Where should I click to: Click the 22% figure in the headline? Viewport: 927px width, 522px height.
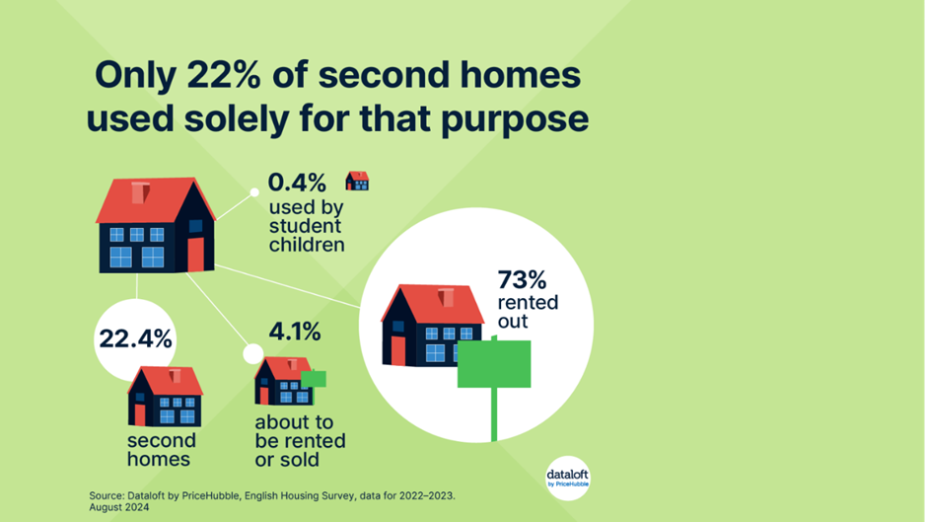click(224, 75)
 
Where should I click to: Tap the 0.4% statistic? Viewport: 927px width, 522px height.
click(297, 183)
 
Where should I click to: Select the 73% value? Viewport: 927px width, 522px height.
click(522, 279)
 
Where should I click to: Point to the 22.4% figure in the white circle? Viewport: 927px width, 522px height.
click(135, 339)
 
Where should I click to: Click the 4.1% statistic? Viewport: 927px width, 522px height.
click(295, 332)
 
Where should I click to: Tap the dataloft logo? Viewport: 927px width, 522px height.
click(568, 479)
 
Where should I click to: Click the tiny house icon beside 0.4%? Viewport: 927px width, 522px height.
click(357, 181)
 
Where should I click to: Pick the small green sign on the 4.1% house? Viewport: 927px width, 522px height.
click(314, 379)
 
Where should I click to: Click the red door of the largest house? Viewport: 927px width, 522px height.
click(195, 255)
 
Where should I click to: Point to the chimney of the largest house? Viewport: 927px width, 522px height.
click(140, 193)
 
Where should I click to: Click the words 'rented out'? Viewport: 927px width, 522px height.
click(528, 311)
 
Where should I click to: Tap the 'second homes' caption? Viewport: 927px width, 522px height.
click(162, 450)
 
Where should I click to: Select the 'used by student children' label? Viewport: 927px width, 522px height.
click(307, 226)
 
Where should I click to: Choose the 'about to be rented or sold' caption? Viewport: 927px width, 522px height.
click(301, 441)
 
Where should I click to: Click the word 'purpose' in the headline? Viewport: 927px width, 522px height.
click(515, 119)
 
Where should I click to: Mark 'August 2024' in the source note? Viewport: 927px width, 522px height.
click(119, 508)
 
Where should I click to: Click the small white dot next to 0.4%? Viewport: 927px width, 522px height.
click(254, 192)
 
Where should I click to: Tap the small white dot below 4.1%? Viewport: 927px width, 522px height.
click(253, 354)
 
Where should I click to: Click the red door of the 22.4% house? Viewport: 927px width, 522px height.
click(139, 414)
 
